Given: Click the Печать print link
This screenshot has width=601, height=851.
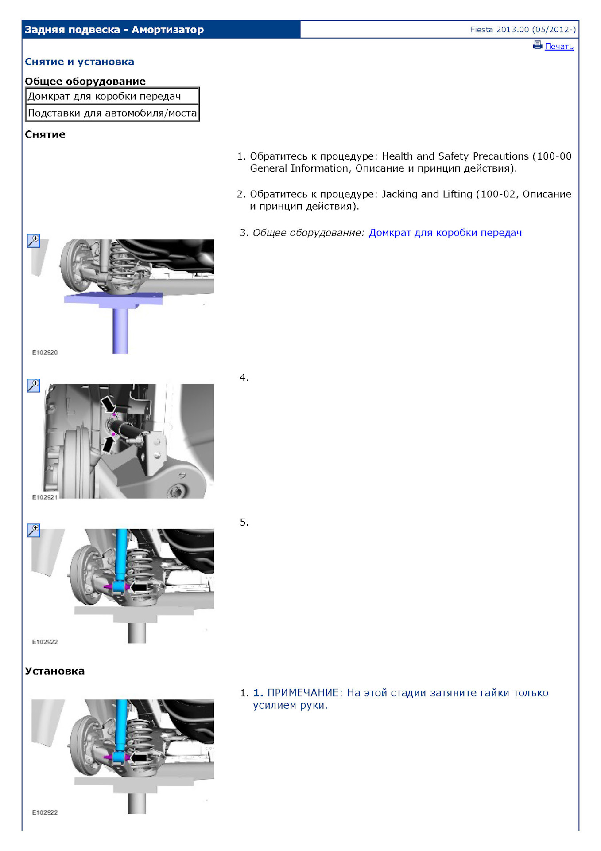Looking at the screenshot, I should (559, 47).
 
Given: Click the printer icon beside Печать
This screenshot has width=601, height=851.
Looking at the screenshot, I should (538, 45).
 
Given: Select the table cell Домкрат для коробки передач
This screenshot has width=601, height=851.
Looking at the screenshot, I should (105, 96).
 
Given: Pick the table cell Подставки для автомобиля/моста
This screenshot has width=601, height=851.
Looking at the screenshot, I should (112, 113).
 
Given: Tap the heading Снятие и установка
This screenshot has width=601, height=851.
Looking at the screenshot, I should (79, 62).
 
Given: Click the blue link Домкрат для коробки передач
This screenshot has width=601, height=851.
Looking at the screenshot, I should (445, 233).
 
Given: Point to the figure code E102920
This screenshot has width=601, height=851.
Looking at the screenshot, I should (45, 352).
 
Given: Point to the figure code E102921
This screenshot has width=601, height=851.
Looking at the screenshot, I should (45, 497).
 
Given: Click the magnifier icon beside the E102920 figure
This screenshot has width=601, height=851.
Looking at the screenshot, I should (34, 241).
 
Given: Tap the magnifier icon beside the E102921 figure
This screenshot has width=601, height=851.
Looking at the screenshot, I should (34, 386).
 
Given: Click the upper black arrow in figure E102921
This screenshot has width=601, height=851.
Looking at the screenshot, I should (108, 404).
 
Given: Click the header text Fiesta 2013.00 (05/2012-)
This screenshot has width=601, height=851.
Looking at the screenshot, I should (523, 30).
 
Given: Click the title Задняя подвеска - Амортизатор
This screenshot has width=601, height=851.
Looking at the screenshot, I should (114, 30).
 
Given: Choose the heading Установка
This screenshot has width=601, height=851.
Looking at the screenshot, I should (54, 671).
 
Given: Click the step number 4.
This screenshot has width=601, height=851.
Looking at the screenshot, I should (244, 378).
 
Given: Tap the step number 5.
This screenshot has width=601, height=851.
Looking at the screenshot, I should (244, 523).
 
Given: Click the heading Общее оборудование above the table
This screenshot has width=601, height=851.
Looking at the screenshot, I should (85, 81).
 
